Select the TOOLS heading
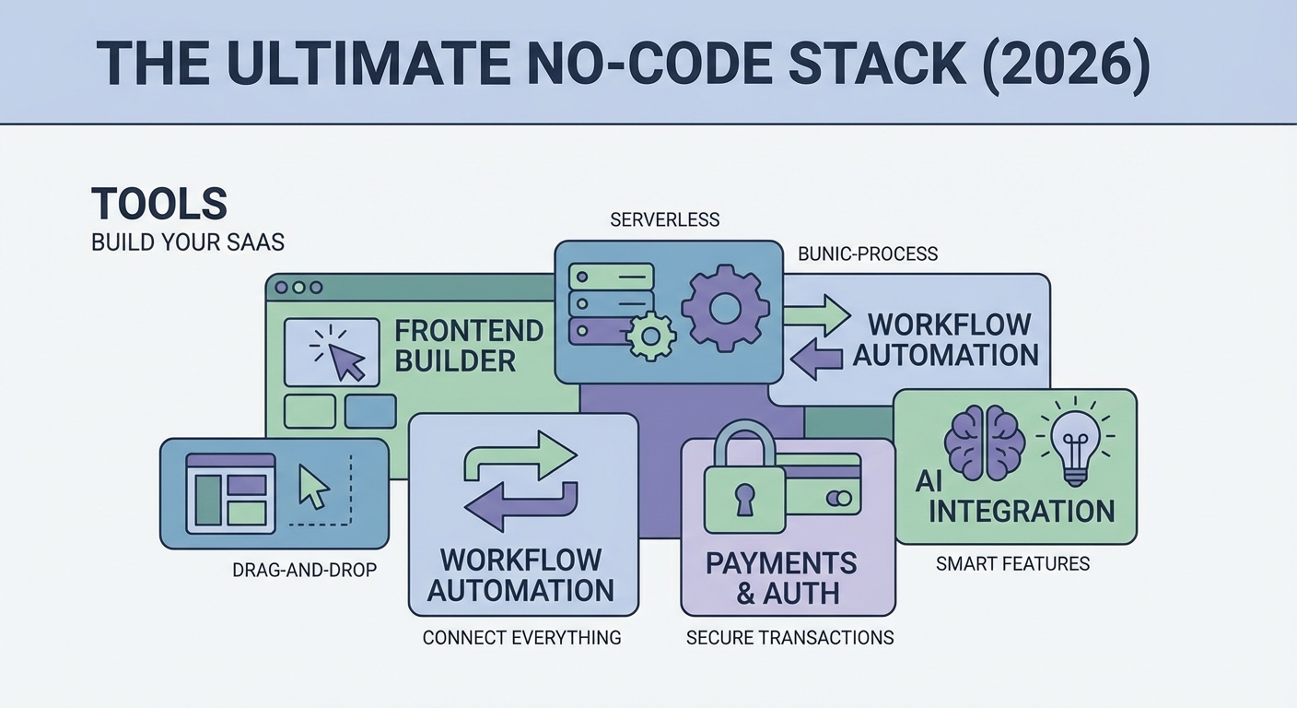pos(158,203)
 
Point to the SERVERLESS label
pos(664,220)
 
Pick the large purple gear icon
pos(725,308)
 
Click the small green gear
pos(651,336)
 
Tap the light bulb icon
pos(1074,442)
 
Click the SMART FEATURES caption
pos(1012,563)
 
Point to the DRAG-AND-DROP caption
pos(304,571)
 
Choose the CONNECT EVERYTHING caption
pos(521,638)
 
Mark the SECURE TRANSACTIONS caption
pos(789,638)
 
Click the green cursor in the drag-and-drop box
pos(313,487)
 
